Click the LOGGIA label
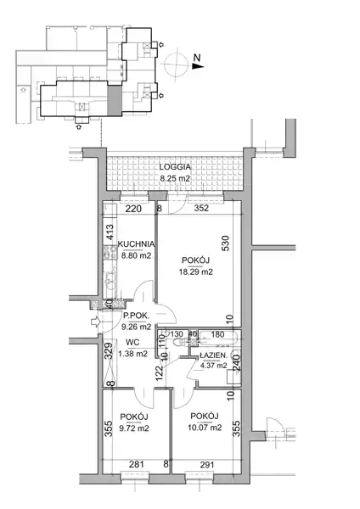pos(175,167)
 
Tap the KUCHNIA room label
pos(136,243)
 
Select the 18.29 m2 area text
pos(196,271)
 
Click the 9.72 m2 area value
pos(134,428)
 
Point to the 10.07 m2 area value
pos(205,428)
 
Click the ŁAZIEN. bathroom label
pos(213,355)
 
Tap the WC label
pos(133,342)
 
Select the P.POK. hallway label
pos(136,316)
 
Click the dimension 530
pos(225,243)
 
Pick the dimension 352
pos(201,208)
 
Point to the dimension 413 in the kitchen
pos(110,232)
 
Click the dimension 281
pos(136,465)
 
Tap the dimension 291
pos(207,465)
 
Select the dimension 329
pos(110,350)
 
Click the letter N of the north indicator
pos(197,58)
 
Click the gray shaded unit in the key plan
pos(115,100)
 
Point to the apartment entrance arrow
pos(95,322)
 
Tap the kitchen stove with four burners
pos(110,253)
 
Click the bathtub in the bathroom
pos(220,338)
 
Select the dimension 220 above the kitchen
pos(133,209)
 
